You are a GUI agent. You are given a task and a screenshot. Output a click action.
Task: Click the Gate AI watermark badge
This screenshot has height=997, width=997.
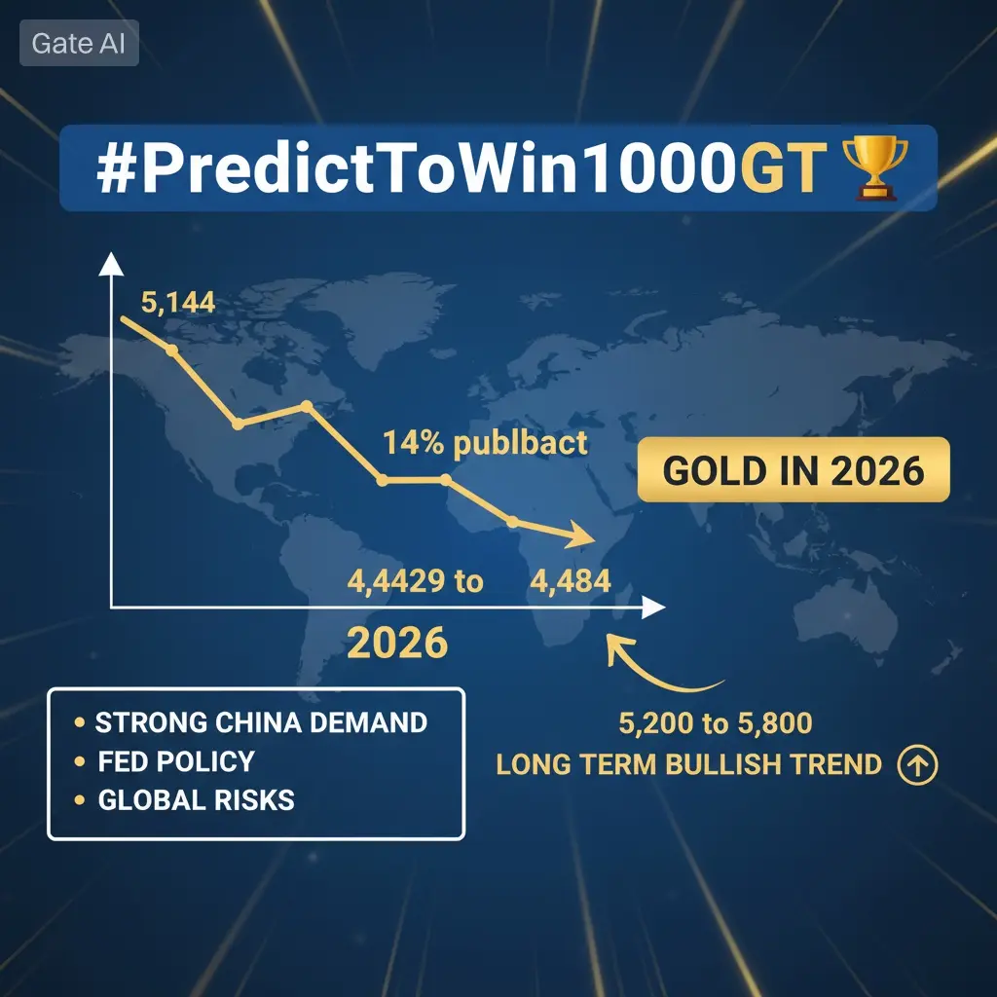[x=79, y=43]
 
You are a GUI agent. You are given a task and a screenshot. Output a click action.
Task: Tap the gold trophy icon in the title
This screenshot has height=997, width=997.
[x=875, y=167]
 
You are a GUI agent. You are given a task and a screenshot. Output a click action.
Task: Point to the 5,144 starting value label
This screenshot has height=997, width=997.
[x=178, y=302]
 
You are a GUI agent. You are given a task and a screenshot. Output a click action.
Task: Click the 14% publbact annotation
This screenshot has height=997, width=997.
[x=485, y=443]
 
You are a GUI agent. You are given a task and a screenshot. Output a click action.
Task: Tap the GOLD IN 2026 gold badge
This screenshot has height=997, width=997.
[x=793, y=470]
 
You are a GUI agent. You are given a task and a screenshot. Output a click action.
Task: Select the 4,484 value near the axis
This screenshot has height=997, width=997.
[x=571, y=581]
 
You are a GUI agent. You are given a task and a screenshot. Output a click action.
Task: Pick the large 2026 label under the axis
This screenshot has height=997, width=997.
[x=397, y=643]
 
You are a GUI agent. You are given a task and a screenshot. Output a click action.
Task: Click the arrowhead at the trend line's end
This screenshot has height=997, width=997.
[x=580, y=535]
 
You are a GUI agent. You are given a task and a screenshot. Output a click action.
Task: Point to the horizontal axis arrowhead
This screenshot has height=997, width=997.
[x=653, y=608]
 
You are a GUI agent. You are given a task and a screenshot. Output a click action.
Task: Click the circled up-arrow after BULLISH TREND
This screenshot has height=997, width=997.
[x=917, y=764]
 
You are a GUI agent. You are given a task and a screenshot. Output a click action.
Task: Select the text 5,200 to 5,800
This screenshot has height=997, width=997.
[x=716, y=723]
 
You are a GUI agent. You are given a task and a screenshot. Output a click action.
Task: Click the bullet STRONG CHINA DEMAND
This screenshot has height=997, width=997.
[x=261, y=722]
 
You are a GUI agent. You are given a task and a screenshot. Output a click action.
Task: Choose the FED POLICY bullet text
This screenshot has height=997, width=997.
[x=176, y=761]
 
